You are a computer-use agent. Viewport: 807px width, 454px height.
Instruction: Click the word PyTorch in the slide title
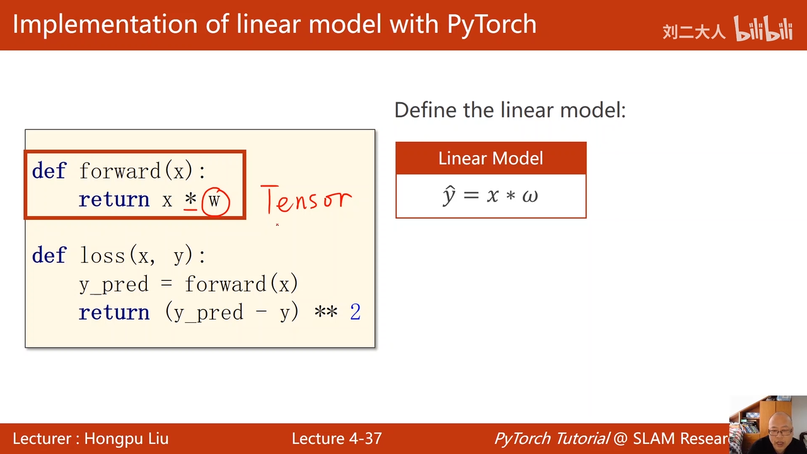(492, 25)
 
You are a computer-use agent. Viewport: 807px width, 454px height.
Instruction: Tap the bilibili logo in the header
(763, 28)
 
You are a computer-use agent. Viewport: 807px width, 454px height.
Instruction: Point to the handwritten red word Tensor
(306, 199)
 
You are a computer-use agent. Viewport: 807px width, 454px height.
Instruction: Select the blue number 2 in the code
(355, 311)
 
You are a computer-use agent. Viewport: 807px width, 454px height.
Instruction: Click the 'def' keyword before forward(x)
(49, 170)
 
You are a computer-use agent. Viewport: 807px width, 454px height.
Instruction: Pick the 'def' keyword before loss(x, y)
(49, 255)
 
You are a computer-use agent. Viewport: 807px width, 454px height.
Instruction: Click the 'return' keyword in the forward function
(114, 199)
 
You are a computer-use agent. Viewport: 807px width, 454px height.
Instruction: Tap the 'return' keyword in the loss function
(114, 312)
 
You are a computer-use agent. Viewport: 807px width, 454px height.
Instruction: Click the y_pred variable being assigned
(114, 284)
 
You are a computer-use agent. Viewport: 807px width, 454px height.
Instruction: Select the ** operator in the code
(326, 311)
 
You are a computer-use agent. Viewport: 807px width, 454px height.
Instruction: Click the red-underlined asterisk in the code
(190, 199)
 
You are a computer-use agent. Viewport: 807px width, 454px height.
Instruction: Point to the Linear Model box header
(491, 158)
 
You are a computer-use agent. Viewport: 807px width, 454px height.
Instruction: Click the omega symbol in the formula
(530, 196)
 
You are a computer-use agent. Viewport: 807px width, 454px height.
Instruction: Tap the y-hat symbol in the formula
(450, 195)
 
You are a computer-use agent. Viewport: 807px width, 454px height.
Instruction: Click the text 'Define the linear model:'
(510, 110)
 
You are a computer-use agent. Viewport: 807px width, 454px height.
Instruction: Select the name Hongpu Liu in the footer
(127, 439)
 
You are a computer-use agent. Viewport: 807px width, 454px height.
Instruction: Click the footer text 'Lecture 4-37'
(337, 439)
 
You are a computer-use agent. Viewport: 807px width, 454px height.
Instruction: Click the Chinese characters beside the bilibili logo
(694, 32)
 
